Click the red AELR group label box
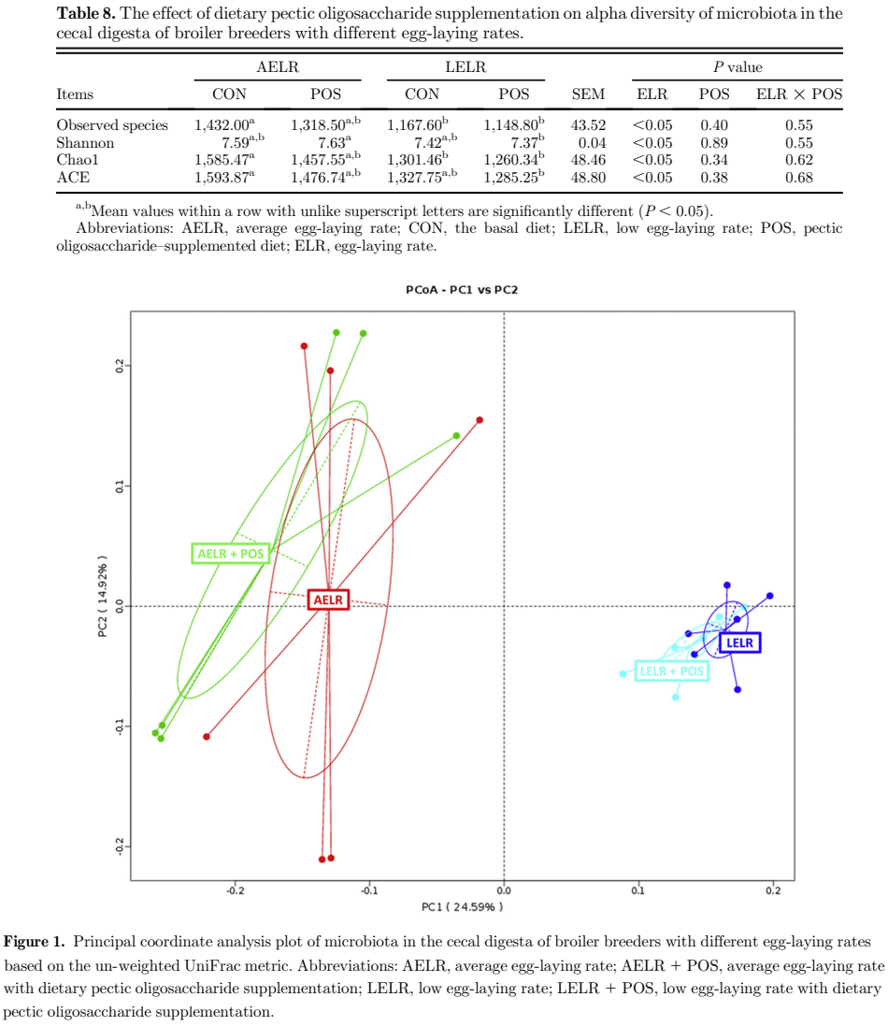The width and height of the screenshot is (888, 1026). point(328,600)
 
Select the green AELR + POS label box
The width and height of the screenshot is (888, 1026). point(231,554)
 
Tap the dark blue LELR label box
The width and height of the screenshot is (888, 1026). point(740,643)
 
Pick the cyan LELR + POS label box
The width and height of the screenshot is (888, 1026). point(671,671)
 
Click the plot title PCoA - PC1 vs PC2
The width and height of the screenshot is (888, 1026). point(462,290)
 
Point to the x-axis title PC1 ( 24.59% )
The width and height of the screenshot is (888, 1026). point(462,907)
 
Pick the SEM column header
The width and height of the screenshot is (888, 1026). point(588,94)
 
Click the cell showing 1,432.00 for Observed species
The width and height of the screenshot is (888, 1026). point(225,125)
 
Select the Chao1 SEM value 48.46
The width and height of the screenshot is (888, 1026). point(588,160)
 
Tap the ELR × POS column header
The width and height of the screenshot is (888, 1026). point(799,94)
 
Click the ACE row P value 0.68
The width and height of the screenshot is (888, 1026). point(799,178)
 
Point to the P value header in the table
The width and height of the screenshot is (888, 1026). point(738,67)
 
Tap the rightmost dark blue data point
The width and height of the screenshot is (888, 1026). point(770,596)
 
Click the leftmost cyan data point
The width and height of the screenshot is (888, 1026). point(623,673)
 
